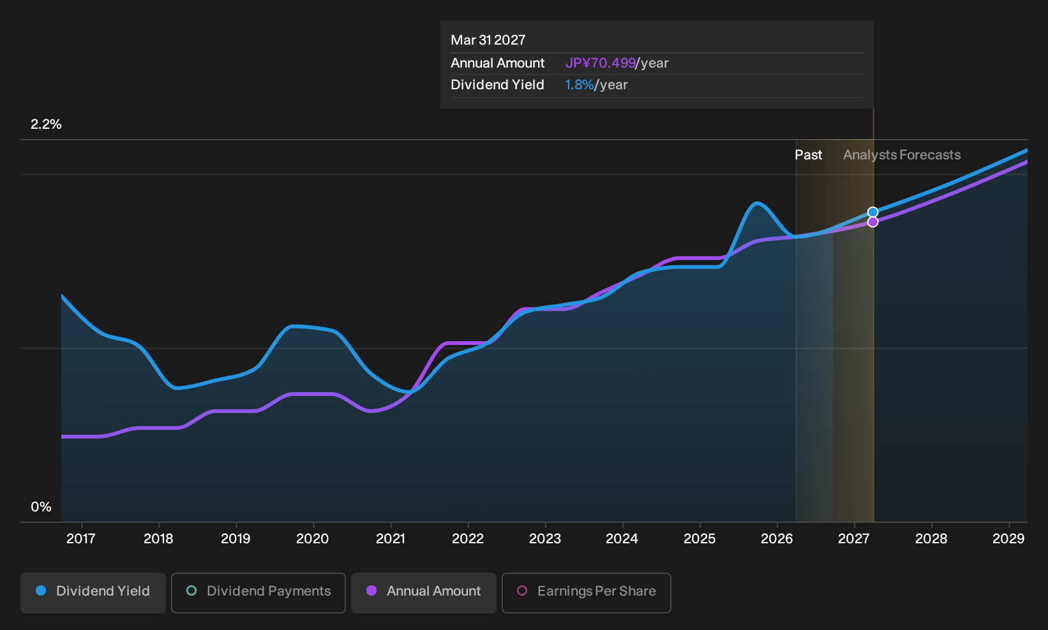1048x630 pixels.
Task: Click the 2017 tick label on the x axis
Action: pos(80,539)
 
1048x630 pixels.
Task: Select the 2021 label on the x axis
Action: pos(390,539)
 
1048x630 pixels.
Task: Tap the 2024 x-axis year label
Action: pos(622,539)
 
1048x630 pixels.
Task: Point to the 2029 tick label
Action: pos(1008,539)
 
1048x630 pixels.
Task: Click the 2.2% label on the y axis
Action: pos(46,124)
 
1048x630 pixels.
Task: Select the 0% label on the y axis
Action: pos(41,507)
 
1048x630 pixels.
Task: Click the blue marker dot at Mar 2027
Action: pos(872,212)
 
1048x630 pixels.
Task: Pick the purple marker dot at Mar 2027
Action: pos(872,222)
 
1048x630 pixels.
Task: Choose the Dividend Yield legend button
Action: pos(93,592)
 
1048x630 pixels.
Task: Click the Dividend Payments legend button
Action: pos(258,592)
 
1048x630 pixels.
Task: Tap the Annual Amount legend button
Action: pos(423,592)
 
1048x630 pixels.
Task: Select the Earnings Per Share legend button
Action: pos(586,592)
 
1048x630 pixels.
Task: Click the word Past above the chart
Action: pos(809,155)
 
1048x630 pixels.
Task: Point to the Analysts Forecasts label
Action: pos(902,155)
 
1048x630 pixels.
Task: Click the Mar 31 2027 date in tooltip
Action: pos(488,40)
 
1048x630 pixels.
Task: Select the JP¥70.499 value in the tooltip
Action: pos(600,63)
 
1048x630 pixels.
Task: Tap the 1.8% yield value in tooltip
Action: pos(579,85)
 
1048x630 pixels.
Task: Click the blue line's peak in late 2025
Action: pos(756,203)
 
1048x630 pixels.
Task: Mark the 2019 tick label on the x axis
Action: pos(236,539)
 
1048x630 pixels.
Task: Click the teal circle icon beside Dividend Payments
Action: pos(191,590)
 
